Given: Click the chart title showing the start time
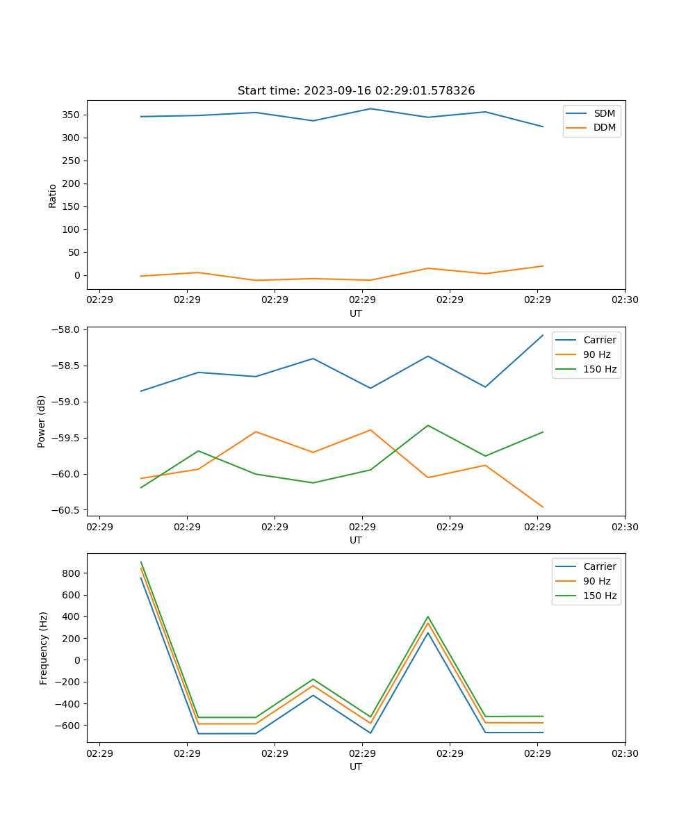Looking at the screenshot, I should coord(356,91).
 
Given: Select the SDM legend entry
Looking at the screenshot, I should coord(604,113).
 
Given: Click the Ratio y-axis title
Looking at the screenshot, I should coord(53,195).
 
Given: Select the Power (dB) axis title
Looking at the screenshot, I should coord(42,421).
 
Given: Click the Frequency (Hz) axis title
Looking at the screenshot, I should coord(44,648).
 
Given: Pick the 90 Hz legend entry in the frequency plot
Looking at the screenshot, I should coord(596,581).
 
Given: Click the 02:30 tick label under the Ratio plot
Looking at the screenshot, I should coord(625,300).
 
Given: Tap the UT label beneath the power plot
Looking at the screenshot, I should coord(356,540).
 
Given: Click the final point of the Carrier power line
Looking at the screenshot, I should coord(543,335).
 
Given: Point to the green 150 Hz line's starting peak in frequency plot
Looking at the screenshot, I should coord(141,562).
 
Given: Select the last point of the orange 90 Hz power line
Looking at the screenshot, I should coord(543,507).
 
